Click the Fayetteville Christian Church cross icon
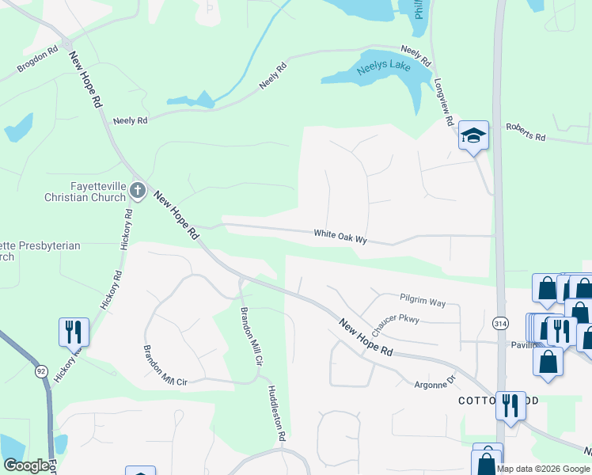(138, 190)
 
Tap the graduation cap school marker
(473, 136)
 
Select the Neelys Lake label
(383, 66)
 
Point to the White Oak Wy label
(341, 235)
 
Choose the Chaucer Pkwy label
(396, 319)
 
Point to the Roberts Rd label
(526, 131)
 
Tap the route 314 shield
(500, 324)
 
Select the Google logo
(25, 465)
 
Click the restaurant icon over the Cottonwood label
(510, 405)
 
